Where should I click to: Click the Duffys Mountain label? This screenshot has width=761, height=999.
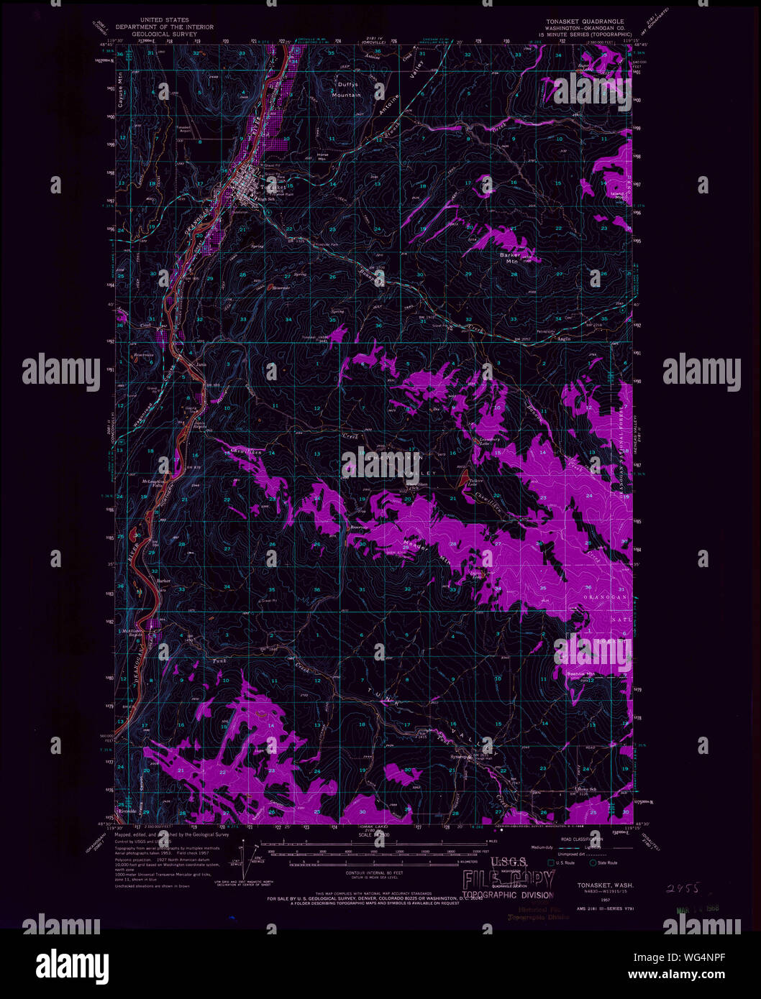pyautogui.click(x=348, y=89)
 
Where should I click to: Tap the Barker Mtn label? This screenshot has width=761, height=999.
pyautogui.click(x=511, y=257)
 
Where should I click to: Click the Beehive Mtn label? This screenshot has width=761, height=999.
pyautogui.click(x=581, y=673)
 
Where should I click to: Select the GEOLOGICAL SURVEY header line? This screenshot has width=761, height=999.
pyautogui.click(x=176, y=33)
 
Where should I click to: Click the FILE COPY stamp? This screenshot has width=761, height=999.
pyautogui.click(x=509, y=880)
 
